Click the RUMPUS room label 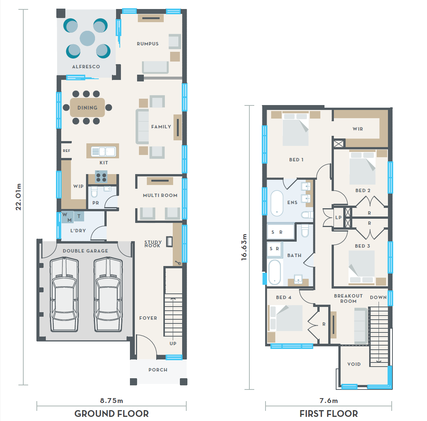click(148, 44)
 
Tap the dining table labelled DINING click(88, 107)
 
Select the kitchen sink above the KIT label click(103, 152)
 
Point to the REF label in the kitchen click(66, 151)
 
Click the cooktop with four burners click(101, 176)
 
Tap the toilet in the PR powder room click(94, 192)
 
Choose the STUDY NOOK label click(153, 244)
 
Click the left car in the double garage click(64, 295)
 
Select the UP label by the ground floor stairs click(173, 343)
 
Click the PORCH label click(158, 370)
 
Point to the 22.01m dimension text click(18, 197)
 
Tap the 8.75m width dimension click(112, 401)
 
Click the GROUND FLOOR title click(112, 413)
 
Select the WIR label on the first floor click(358, 129)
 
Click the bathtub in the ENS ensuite click(277, 203)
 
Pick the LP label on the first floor click(338, 217)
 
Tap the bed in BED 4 click(285, 318)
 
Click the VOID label click(354, 364)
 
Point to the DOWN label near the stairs click(378, 298)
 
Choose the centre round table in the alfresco click(88, 38)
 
